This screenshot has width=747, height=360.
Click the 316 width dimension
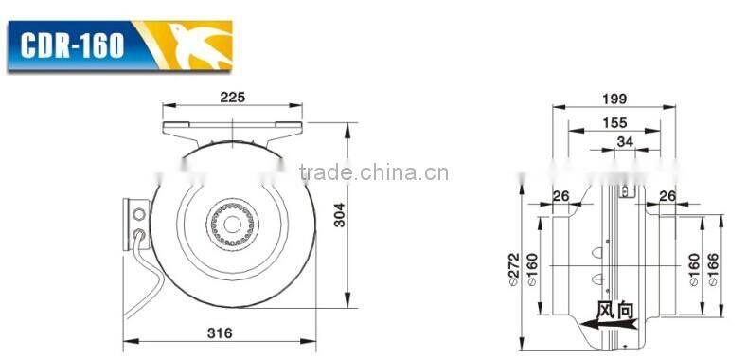219,333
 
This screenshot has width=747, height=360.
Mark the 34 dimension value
624,143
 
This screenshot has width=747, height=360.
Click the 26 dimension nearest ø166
667,196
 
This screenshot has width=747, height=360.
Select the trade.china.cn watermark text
374,172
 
